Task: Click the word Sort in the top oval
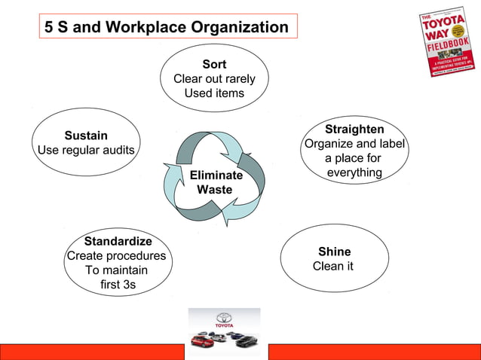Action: [x=214, y=64]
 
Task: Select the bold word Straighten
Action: [x=354, y=130]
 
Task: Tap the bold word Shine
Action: [x=334, y=252]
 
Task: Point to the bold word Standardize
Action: [x=118, y=242]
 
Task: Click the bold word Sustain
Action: [x=86, y=136]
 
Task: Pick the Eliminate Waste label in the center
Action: [x=216, y=182]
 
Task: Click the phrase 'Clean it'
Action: [x=332, y=266]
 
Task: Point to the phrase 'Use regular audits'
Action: [x=86, y=150]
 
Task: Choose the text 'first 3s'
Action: [x=118, y=285]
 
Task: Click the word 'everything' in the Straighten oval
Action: [x=354, y=173]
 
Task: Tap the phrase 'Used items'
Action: [x=214, y=93]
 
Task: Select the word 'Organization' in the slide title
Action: [x=239, y=28]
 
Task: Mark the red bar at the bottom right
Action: [x=374, y=352]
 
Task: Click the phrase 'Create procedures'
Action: [x=117, y=256]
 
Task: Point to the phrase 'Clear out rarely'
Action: [x=214, y=79]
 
